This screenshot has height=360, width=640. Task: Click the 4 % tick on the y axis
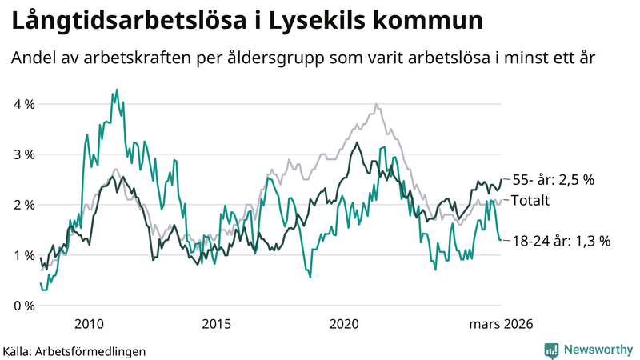23,104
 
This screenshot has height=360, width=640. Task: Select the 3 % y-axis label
23,154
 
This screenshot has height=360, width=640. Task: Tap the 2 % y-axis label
23,205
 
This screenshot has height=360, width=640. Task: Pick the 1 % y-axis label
23,255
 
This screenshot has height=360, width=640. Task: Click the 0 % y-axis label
23,306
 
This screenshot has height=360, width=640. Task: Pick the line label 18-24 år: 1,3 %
561,240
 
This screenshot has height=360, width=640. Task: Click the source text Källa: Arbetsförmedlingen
63,350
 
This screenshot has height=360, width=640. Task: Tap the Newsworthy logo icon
551,350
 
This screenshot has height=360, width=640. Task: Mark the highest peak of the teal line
117,90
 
